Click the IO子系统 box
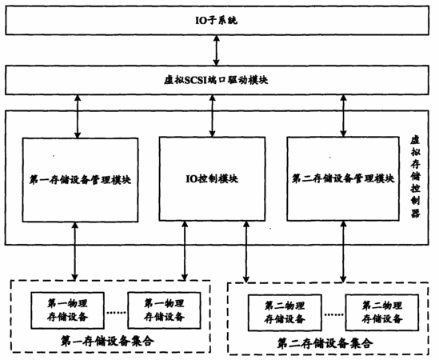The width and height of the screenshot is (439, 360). [x=217, y=21]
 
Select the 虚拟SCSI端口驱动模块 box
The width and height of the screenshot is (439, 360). [x=217, y=80]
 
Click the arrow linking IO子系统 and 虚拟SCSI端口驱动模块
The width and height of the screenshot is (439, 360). [x=216, y=50]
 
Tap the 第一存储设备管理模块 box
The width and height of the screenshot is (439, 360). [x=80, y=180]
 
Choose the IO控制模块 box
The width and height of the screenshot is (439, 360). [x=212, y=178]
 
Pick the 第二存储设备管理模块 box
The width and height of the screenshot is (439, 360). [x=343, y=178]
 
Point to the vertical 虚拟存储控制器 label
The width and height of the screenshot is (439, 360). [x=415, y=178]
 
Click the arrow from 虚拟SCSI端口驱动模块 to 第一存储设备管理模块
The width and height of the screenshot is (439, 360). [x=78, y=116]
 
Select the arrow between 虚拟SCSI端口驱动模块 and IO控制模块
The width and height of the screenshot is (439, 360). [x=213, y=116]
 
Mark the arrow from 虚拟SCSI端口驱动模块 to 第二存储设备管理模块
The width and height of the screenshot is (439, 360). [x=344, y=116]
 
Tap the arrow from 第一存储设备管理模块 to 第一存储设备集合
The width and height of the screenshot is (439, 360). [x=74, y=251]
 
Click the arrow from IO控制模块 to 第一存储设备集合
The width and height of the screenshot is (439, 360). [x=185, y=250]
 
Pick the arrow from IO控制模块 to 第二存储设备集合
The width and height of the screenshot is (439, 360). [x=246, y=252]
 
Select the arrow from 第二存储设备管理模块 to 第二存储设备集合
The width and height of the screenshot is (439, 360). [x=343, y=252]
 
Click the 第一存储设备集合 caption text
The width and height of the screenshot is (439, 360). [x=107, y=342]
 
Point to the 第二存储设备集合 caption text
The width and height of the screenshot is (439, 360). [x=325, y=343]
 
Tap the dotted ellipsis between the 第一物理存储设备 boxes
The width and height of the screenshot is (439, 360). [x=116, y=312]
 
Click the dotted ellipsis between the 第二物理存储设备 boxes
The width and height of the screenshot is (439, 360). [x=333, y=314]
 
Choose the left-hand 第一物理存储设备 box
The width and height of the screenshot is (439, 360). [x=67, y=310]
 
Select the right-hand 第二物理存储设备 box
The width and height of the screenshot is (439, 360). [x=382, y=312]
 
